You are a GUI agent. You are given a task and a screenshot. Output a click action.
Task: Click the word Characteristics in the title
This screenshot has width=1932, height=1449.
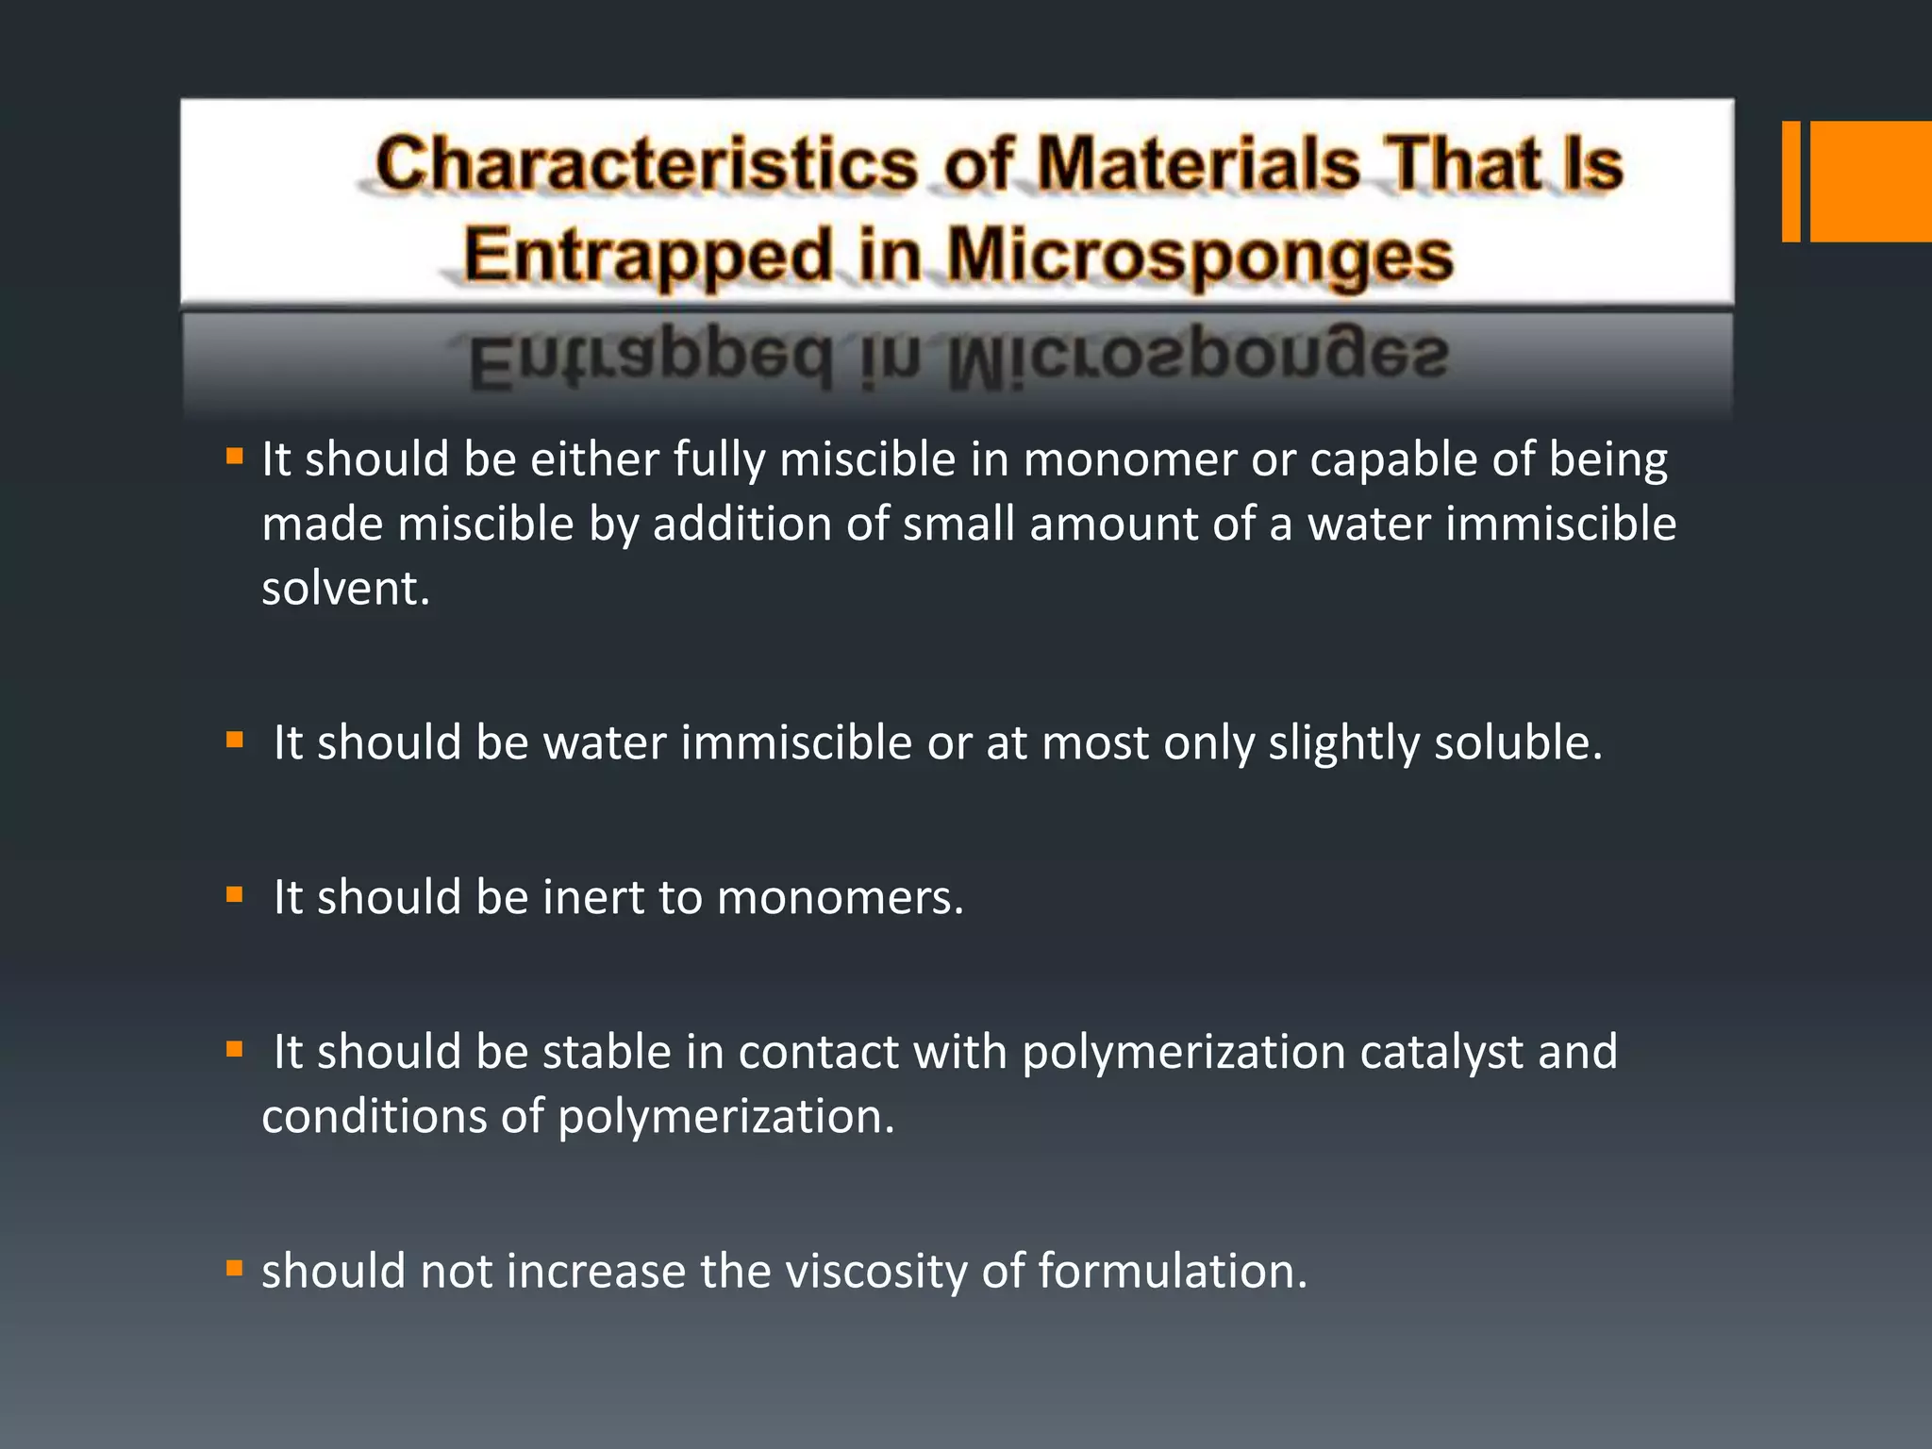click(646, 163)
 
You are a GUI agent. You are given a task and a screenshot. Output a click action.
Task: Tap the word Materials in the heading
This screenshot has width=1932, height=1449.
click(1198, 163)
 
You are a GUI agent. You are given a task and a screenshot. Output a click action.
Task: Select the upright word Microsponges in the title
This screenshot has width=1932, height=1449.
click(1200, 257)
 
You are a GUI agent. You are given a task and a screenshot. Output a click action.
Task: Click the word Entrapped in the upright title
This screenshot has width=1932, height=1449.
click(649, 257)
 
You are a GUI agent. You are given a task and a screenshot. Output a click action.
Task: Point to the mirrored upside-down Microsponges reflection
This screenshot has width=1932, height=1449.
click(1198, 357)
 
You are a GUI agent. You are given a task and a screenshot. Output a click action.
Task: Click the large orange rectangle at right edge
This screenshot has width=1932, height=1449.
click(1871, 181)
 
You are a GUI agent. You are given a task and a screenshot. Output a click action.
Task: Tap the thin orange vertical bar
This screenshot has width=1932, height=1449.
click(1790, 181)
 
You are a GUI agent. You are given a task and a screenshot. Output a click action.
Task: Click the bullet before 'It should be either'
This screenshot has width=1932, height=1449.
click(235, 458)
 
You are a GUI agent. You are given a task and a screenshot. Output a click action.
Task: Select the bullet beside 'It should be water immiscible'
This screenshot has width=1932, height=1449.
click(235, 741)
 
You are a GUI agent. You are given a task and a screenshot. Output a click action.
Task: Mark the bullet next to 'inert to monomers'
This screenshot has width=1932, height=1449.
click(235, 895)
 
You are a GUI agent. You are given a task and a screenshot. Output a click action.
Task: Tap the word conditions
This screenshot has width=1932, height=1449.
click(374, 1117)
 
